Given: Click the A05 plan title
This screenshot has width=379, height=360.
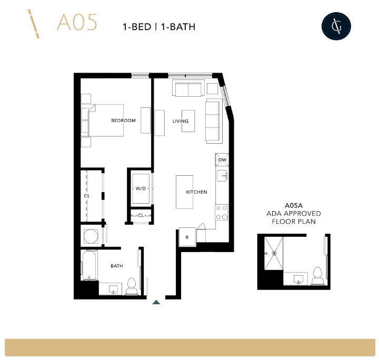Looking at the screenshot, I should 77,23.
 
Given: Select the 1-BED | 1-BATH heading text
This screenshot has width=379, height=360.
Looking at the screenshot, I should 159,26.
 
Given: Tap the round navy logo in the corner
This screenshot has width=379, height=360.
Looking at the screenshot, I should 336,26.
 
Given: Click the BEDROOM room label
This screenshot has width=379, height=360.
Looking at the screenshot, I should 123,121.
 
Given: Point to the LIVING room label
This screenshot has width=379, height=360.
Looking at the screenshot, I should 181,121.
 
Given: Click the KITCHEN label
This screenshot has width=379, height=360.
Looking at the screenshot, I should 196,192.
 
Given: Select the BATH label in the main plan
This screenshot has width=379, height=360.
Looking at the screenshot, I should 117,266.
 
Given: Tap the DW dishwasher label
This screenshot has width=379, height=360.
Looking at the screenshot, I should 222,160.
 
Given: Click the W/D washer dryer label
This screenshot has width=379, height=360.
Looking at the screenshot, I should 141,188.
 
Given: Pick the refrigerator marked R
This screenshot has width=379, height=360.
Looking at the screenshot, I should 187,237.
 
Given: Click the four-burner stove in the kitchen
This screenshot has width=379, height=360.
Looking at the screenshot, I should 222,212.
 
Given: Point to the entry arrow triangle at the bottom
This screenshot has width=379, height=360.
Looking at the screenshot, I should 156,302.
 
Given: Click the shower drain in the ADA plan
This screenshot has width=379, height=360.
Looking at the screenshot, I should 274,253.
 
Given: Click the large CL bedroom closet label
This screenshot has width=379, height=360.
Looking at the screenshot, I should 87,196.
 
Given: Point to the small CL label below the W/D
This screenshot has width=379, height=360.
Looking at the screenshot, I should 141,215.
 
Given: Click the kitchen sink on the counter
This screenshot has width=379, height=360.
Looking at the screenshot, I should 222,176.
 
